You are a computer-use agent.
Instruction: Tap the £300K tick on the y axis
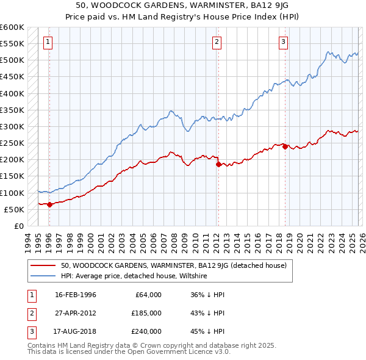(12, 127)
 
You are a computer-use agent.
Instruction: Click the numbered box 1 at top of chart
(48, 42)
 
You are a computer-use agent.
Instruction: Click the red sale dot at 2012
(218, 164)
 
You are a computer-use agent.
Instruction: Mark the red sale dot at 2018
(285, 146)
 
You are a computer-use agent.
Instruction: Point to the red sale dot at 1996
(49, 205)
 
